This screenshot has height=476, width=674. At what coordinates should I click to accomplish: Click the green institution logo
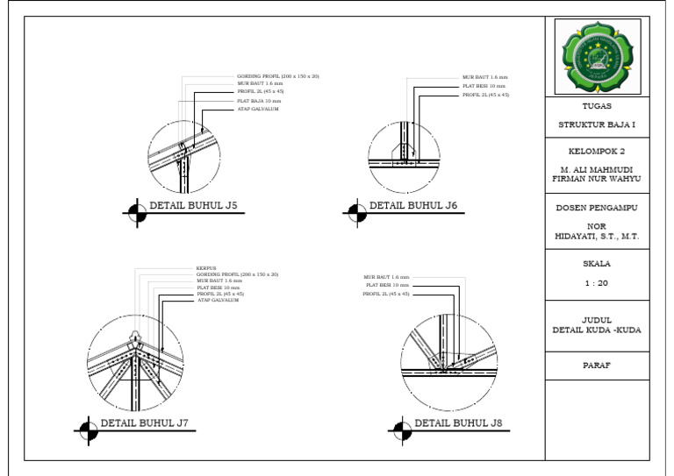(597, 57)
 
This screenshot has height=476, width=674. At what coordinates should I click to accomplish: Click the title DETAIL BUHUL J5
(193, 207)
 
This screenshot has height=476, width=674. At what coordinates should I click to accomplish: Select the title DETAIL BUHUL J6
(412, 206)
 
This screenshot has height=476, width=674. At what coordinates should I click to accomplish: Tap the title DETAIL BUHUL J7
(145, 423)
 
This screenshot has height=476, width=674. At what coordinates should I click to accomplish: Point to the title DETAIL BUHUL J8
(458, 423)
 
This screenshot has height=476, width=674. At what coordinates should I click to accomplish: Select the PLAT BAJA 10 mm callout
(259, 101)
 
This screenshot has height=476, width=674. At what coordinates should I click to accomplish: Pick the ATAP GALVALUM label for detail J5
(259, 109)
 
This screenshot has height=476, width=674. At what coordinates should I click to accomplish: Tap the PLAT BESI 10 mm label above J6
(484, 86)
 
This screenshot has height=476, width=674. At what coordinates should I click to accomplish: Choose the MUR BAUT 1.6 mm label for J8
(386, 277)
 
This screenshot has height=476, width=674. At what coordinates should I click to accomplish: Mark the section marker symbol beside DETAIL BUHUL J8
(401, 429)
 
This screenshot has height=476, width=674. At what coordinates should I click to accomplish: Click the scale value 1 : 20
(597, 283)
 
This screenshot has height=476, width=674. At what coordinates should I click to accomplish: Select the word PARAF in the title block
(597, 366)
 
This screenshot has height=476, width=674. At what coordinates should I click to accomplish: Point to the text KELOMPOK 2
(597, 151)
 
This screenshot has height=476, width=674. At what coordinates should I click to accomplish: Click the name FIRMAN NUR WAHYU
(597, 178)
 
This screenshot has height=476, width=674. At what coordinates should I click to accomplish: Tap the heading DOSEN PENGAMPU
(597, 209)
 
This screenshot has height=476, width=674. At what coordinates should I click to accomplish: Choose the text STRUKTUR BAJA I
(597, 124)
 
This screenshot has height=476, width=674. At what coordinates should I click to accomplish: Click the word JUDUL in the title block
(597, 320)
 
